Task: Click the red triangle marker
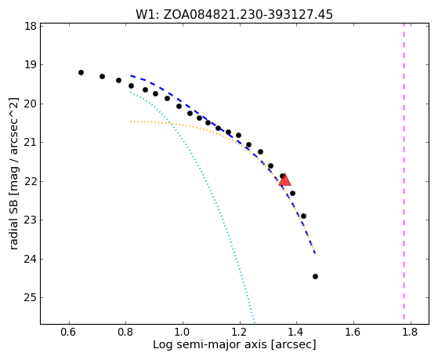285,180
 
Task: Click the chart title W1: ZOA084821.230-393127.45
234,14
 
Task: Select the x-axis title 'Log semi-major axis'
210,344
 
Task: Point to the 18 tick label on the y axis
31,27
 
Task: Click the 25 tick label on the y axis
31,298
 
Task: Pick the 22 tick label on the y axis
31,181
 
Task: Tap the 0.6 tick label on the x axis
69,332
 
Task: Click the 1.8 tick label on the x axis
411,332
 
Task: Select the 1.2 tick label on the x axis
240,332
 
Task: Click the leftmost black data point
81,72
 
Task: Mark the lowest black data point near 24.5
315,276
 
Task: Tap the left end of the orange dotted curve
131,122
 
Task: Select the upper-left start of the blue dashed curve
131,75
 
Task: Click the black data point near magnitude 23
304,216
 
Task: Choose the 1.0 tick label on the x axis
183,332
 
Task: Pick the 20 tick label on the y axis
31,104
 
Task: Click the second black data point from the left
102,76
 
